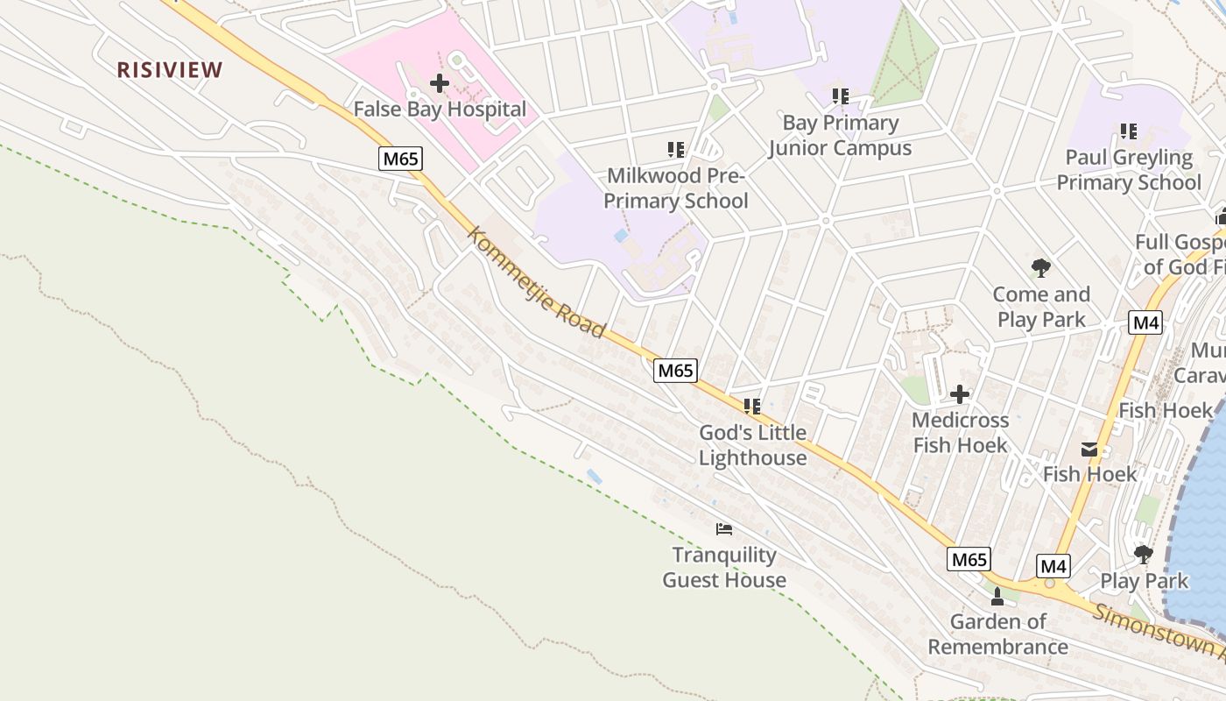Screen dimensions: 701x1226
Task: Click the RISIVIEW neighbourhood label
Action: [170, 70]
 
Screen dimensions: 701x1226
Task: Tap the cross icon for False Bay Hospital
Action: [440, 83]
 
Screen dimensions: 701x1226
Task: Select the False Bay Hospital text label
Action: [440, 110]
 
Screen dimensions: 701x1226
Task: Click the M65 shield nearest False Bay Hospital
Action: [400, 159]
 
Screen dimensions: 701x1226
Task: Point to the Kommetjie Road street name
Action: [536, 282]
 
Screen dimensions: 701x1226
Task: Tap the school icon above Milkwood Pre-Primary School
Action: [675, 150]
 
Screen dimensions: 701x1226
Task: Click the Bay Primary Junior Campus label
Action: [840, 135]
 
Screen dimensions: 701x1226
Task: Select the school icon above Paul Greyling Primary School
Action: [1128, 131]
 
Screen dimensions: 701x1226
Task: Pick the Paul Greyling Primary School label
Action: [1128, 170]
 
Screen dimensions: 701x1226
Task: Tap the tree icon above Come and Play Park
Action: [1040, 267]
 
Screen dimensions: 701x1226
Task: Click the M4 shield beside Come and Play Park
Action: [1145, 322]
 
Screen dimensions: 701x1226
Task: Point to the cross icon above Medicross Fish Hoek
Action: [960, 394]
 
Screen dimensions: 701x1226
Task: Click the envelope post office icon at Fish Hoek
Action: [1089, 450]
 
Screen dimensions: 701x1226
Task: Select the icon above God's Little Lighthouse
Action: [751, 406]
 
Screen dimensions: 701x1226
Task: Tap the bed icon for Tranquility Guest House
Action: [723, 528]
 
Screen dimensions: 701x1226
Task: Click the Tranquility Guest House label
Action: [723, 567]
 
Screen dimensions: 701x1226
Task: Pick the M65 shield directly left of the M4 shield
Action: [969, 559]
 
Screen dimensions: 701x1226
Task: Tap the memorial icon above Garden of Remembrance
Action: [997, 597]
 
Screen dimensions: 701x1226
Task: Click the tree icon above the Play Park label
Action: [1143, 554]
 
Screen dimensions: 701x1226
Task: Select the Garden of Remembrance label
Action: [998, 634]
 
